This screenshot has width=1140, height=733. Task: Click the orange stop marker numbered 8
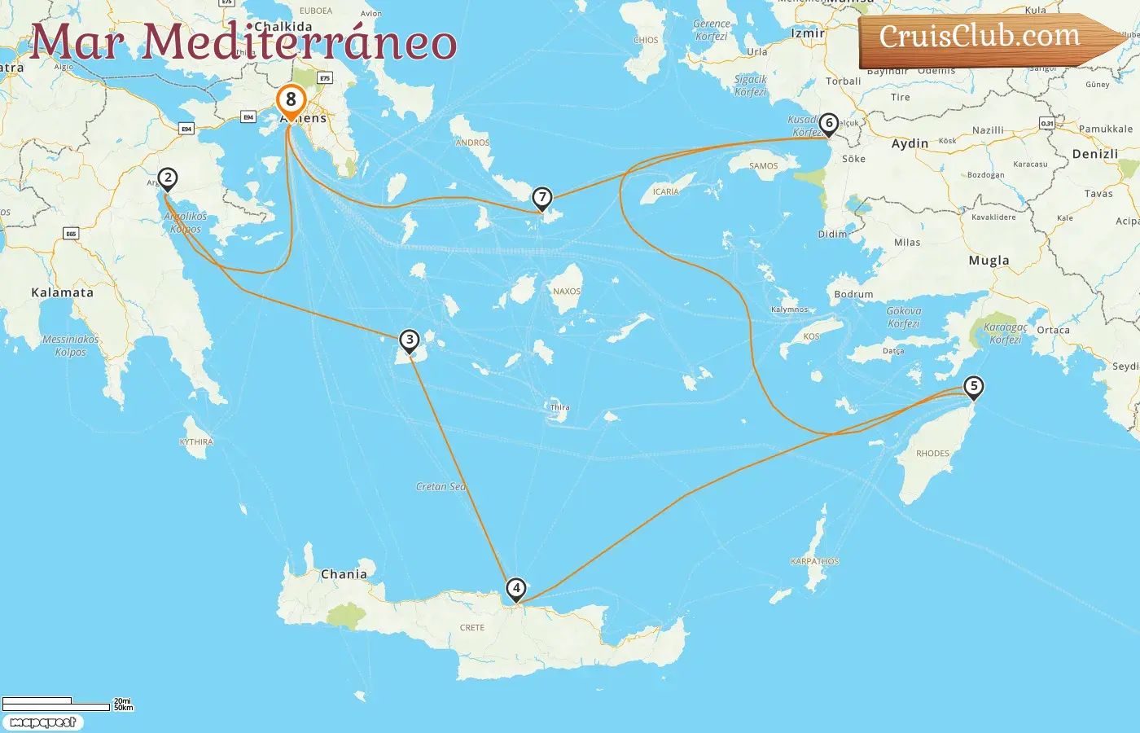(291, 101)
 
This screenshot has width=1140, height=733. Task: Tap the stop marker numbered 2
(167, 178)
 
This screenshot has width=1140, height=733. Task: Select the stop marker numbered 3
(410, 340)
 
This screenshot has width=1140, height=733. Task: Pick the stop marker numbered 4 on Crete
(515, 588)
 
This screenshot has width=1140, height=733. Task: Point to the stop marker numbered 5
(973, 387)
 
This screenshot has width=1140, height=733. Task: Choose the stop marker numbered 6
(828, 124)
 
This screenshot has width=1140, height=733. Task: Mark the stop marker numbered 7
(541, 198)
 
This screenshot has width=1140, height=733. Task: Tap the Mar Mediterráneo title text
(243, 42)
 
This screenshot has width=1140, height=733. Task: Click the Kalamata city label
(62, 292)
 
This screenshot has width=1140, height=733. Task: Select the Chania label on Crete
(344, 574)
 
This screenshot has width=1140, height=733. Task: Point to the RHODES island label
(932, 454)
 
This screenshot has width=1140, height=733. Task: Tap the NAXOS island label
(567, 292)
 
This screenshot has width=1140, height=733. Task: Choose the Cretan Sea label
(441, 487)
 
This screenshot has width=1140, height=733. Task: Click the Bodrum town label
(853, 294)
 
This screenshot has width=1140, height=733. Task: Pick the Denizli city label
(1094, 154)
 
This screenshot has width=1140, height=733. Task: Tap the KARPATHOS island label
(814, 561)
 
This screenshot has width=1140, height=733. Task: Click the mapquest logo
(43, 722)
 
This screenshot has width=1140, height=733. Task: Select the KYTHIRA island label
(196, 442)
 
